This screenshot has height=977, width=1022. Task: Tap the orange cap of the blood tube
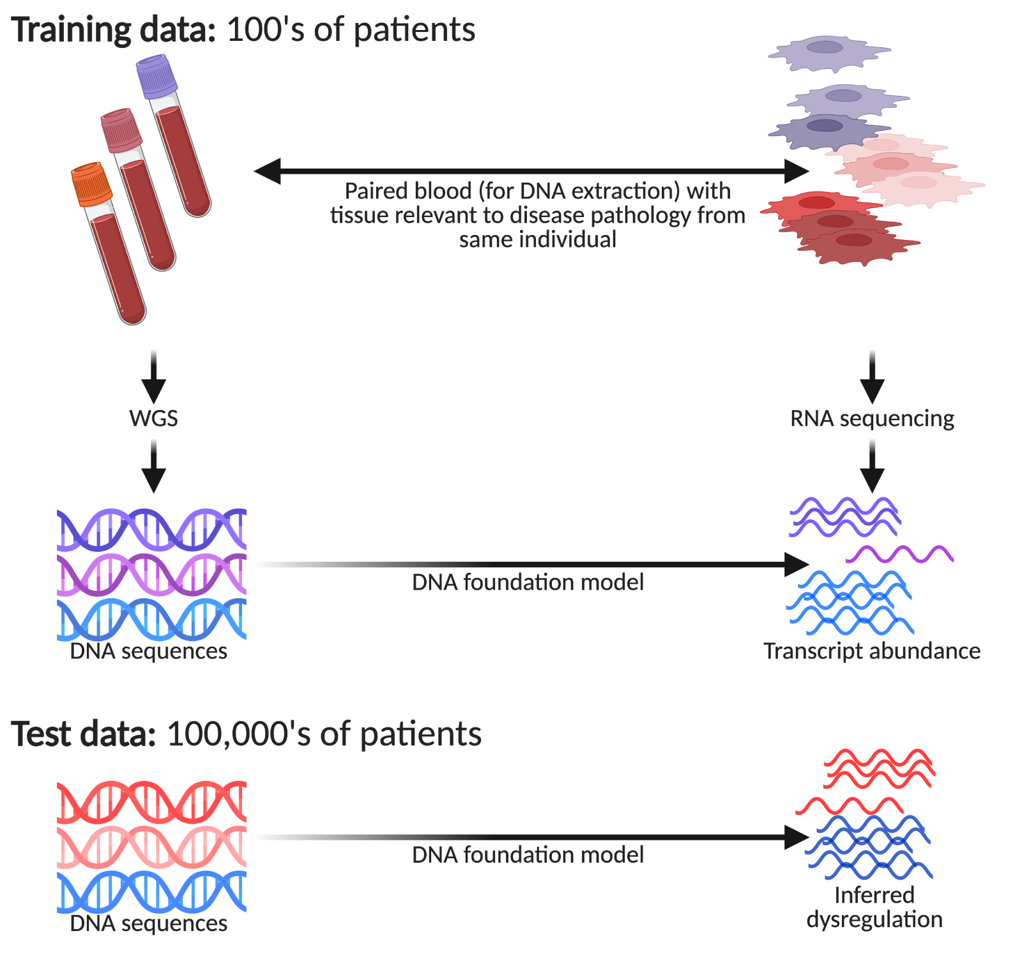pyautogui.click(x=92, y=184)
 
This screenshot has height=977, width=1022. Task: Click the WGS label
pyautogui.click(x=153, y=418)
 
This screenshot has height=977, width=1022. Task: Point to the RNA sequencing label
pyautogui.click(x=872, y=418)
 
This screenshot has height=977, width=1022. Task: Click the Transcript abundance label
pyautogui.click(x=872, y=651)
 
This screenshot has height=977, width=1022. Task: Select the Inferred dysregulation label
pyautogui.click(x=874, y=907)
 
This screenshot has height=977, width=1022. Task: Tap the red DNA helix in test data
pyautogui.click(x=151, y=801)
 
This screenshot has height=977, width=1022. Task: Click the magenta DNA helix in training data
pyautogui.click(x=151, y=574)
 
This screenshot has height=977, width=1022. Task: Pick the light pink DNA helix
pyautogui.click(x=151, y=847)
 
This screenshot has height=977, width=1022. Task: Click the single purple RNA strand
pyautogui.click(x=899, y=554)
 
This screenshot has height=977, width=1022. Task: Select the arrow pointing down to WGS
pyautogui.click(x=153, y=377)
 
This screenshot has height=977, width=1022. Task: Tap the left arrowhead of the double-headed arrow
pyautogui.click(x=267, y=170)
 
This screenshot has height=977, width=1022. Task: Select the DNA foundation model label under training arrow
pyautogui.click(x=528, y=582)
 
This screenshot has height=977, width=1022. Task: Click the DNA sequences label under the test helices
pyautogui.click(x=148, y=923)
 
